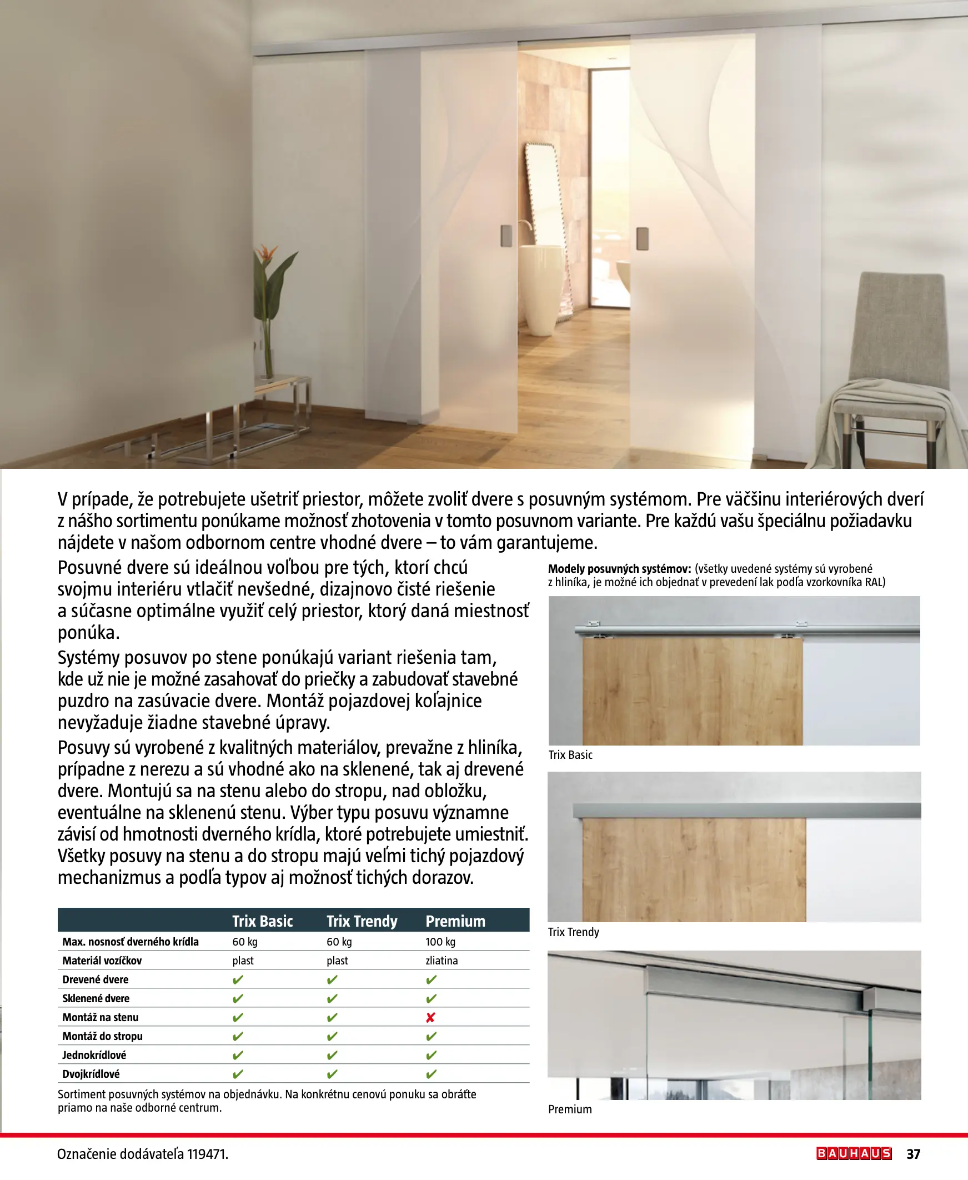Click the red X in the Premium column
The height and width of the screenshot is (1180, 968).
point(430,1018)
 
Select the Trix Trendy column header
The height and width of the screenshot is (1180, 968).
point(362,921)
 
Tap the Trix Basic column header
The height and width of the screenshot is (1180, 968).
point(263,921)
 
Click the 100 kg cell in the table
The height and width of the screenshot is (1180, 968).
point(440,942)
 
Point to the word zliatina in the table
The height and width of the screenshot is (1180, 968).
point(442,961)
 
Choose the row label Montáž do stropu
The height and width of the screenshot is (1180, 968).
point(103,1036)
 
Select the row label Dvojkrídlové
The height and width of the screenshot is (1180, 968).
point(91,1073)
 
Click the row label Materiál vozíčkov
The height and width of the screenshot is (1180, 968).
point(102,961)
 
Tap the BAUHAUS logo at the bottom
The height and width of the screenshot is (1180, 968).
point(854,1153)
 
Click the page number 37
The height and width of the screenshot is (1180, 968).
point(914,1154)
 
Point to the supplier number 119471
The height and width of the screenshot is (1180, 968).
point(207,1154)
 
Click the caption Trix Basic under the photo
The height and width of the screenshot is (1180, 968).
point(570,755)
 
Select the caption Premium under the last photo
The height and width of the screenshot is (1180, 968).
point(570,1109)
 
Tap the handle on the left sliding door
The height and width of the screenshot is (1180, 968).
point(506,236)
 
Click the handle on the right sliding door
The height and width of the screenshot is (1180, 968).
point(643,239)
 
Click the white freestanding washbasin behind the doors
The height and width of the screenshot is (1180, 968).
point(539,290)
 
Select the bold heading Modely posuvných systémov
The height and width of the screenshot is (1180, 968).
point(619,569)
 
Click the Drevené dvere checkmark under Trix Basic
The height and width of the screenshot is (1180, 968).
point(238,980)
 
